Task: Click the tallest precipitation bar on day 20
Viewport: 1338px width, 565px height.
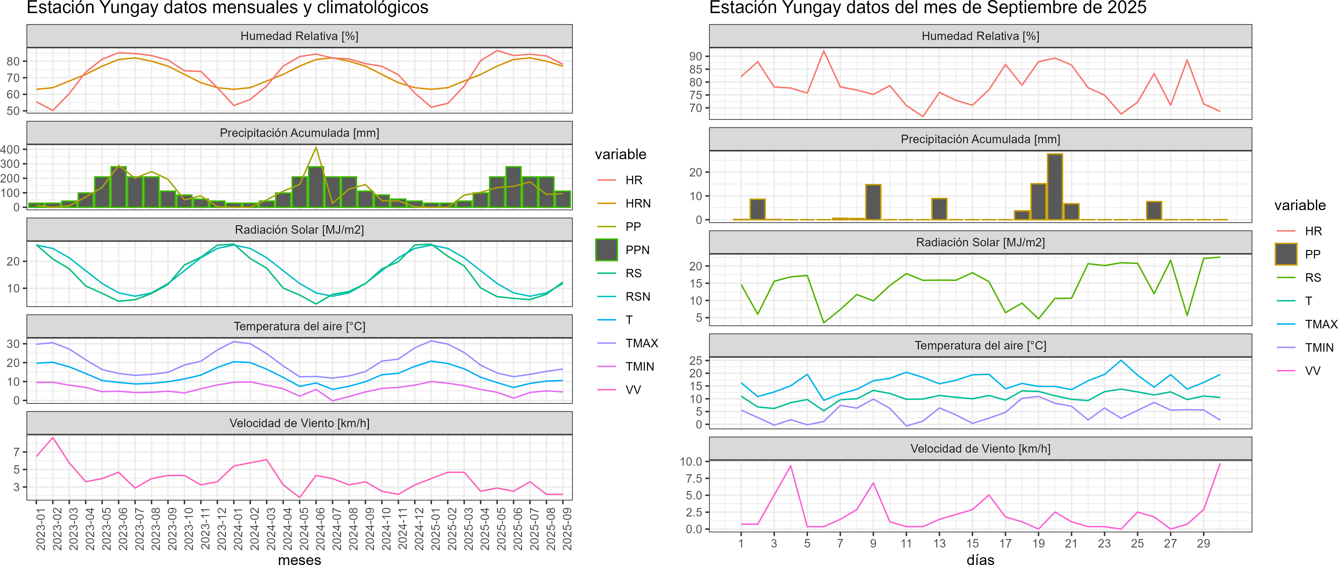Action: (x=1055, y=187)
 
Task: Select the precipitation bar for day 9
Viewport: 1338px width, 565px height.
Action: (x=873, y=202)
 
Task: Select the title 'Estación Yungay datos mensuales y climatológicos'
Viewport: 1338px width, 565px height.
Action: (x=227, y=8)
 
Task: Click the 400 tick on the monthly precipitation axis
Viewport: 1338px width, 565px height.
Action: (x=10, y=150)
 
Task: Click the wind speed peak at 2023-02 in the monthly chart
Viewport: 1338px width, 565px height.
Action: (x=52, y=438)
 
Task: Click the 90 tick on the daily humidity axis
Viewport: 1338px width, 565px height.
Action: (x=696, y=56)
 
